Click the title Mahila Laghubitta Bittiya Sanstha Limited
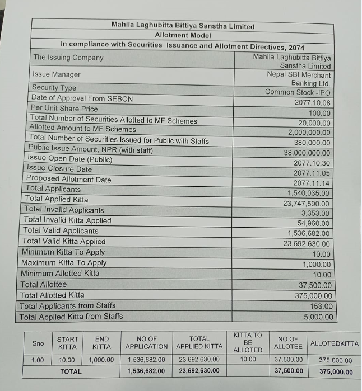(x=183, y=26)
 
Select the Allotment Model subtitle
(x=183, y=35)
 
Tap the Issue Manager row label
(x=56, y=74)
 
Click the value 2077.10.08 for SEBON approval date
(x=312, y=102)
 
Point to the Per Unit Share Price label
(x=64, y=109)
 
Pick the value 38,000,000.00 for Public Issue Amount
(x=307, y=153)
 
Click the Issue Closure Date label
(x=59, y=169)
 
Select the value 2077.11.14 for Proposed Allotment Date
(x=312, y=183)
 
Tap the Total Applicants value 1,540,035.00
(x=309, y=193)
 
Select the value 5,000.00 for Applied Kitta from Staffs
(x=318, y=317)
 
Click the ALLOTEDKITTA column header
(x=335, y=343)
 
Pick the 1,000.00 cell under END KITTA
(x=101, y=360)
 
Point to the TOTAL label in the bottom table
(x=71, y=371)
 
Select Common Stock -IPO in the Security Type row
(x=298, y=92)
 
